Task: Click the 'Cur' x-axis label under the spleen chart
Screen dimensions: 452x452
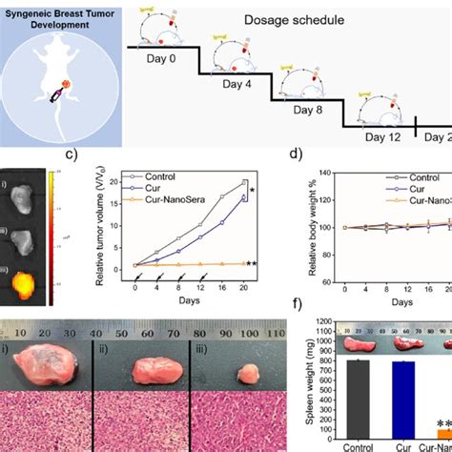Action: (x=401, y=445)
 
